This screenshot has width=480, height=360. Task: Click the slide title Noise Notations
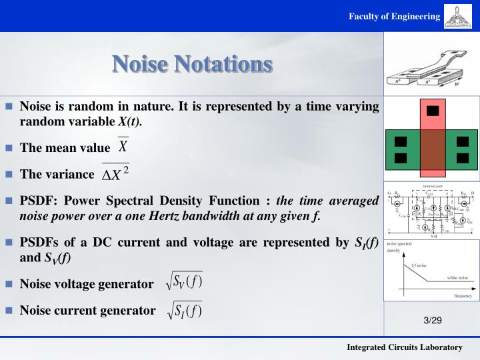click(x=192, y=64)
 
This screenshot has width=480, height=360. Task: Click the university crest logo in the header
click(x=461, y=16)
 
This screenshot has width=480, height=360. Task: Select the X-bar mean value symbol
click(x=123, y=146)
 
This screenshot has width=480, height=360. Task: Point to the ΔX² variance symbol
click(x=115, y=173)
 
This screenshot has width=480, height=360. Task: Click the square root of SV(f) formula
click(x=185, y=283)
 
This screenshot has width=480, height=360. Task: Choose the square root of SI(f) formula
click(x=185, y=309)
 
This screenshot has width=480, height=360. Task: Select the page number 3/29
click(x=433, y=321)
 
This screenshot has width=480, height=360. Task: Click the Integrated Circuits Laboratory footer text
click(x=404, y=348)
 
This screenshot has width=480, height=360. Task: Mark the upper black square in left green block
click(x=400, y=141)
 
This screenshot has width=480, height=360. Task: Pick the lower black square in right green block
click(x=462, y=158)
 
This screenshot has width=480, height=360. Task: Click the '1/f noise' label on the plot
click(x=419, y=265)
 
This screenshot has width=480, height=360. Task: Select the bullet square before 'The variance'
click(x=9, y=175)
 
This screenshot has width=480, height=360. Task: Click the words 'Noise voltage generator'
click(x=87, y=285)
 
